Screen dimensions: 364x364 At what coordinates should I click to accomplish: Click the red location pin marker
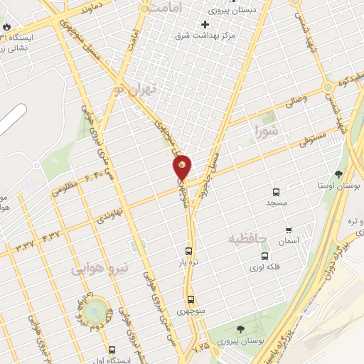tap(182, 167)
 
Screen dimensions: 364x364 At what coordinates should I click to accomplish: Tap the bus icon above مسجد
tap(276, 192)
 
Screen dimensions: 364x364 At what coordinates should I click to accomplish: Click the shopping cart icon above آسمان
tap(288, 230)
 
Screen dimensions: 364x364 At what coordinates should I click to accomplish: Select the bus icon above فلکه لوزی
tap(264, 257)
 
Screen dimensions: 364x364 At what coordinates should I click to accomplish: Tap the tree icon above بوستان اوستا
tap(338, 173)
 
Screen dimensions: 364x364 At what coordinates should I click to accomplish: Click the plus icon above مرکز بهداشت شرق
tap(205, 23)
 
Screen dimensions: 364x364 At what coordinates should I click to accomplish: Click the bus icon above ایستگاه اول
tap(112, 350)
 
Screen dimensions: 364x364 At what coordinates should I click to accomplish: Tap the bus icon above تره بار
tap(188, 251)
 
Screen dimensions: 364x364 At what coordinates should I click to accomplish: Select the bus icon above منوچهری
tap(191, 299)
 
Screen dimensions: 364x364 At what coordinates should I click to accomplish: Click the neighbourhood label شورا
tap(267, 129)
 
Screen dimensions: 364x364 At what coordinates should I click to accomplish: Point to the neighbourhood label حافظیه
tap(247, 238)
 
